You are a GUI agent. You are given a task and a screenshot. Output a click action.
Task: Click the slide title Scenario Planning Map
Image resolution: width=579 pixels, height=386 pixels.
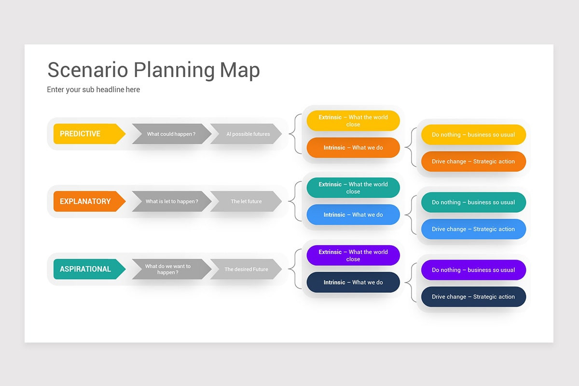pyautogui.click(x=153, y=70)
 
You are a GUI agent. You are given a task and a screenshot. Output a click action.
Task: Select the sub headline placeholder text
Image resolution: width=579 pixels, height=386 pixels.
pyautogui.click(x=93, y=90)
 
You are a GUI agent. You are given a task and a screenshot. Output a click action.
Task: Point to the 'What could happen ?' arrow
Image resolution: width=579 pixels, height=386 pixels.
pyautogui.click(x=171, y=134)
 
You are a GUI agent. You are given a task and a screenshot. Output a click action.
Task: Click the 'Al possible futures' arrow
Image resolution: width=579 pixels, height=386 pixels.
pyautogui.click(x=247, y=134)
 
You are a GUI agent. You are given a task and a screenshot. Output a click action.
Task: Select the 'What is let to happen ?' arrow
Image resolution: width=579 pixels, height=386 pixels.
pyautogui.click(x=171, y=201)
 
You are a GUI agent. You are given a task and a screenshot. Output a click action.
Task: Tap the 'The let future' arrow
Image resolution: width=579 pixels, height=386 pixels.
pyautogui.click(x=246, y=201)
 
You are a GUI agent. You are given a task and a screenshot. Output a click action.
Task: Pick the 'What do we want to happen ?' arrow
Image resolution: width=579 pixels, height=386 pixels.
pyautogui.click(x=169, y=269)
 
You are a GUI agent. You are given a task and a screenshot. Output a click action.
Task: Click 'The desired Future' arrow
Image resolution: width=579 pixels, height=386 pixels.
pyautogui.click(x=246, y=269)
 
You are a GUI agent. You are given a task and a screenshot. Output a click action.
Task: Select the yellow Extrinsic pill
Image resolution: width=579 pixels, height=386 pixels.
pyautogui.click(x=353, y=121)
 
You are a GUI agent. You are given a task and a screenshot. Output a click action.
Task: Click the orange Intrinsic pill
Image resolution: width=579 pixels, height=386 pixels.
pyautogui.click(x=353, y=148)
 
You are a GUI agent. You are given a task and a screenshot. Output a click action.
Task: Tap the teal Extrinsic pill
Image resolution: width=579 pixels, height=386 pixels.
pyautogui.click(x=353, y=188)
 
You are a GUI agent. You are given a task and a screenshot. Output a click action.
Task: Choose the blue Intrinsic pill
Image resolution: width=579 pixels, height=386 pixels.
pyautogui.click(x=353, y=215)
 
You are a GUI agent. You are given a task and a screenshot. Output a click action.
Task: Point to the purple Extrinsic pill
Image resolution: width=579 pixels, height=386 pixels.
pyautogui.click(x=353, y=255)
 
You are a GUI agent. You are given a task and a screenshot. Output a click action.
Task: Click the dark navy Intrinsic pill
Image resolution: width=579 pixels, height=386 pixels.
pyautogui.click(x=353, y=282)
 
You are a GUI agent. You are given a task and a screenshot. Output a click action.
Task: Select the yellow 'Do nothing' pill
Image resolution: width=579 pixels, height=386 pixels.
pyautogui.click(x=473, y=135)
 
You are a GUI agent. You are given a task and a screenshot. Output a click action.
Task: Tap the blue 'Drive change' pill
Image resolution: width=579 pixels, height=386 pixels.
pyautogui.click(x=473, y=229)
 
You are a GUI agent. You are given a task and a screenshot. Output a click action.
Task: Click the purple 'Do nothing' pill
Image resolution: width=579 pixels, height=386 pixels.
pyautogui.click(x=473, y=270)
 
